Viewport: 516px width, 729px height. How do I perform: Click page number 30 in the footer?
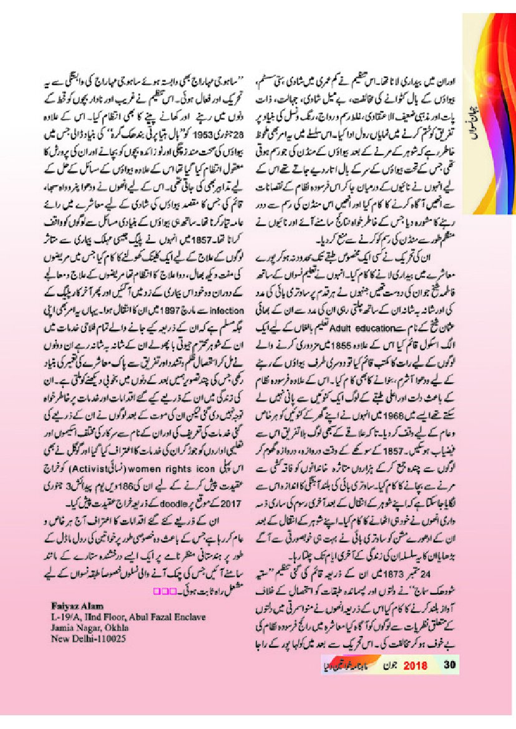point(451,665)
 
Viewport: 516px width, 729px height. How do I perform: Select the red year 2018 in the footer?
point(415,665)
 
